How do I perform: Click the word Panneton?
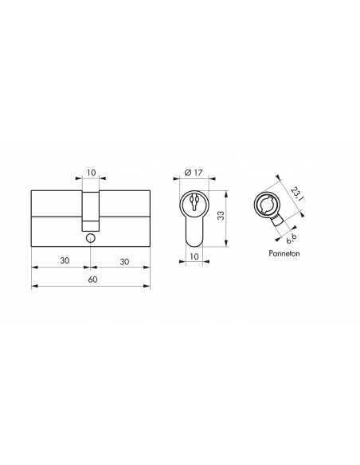tap(284, 253)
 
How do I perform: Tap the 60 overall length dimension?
tap(93, 279)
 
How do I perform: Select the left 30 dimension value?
tap(65, 260)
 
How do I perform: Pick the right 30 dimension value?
tap(124, 262)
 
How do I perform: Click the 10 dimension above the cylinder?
tap(92, 172)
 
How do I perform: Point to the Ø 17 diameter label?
tap(193, 172)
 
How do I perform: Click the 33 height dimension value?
tap(221, 215)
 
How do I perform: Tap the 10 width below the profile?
tap(194, 256)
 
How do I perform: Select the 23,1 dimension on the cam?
tap(295, 194)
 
